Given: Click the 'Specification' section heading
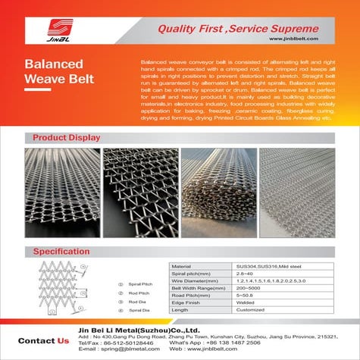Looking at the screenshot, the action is (x=58, y=251).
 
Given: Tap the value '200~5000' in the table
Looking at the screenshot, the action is (x=248, y=289).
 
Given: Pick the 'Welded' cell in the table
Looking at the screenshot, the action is (x=246, y=303).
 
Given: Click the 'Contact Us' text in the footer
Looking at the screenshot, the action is (x=42, y=340).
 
